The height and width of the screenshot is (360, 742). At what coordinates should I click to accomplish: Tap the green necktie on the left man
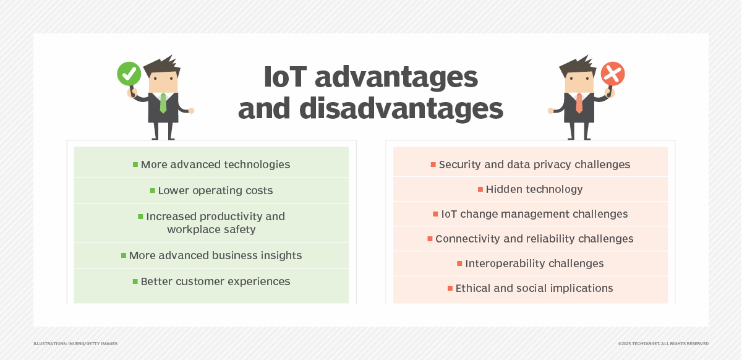(163, 103)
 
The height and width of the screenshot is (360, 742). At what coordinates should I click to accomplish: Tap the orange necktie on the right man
(579, 103)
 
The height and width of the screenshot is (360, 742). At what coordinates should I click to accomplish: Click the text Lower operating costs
(215, 191)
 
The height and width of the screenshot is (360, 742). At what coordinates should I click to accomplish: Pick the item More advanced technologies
(215, 165)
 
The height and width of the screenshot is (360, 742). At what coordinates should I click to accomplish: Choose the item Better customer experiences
(215, 281)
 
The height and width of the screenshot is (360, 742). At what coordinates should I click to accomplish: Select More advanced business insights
(215, 255)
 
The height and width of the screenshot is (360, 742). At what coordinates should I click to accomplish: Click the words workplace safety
(211, 229)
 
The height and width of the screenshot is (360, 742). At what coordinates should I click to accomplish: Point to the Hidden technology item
(534, 189)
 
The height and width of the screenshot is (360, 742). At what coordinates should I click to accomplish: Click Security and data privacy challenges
(534, 165)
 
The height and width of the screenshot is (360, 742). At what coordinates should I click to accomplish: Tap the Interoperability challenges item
(534, 264)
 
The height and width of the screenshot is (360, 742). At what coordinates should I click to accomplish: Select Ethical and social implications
(534, 288)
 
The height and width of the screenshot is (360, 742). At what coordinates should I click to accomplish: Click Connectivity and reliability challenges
(534, 239)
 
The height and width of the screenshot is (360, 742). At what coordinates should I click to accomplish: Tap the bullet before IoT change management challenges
(435, 214)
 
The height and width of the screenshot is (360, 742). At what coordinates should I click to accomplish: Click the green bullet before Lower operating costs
(152, 191)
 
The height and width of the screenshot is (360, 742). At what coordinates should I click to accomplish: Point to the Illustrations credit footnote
(75, 343)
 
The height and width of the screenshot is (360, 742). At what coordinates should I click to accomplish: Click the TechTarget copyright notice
(663, 343)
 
